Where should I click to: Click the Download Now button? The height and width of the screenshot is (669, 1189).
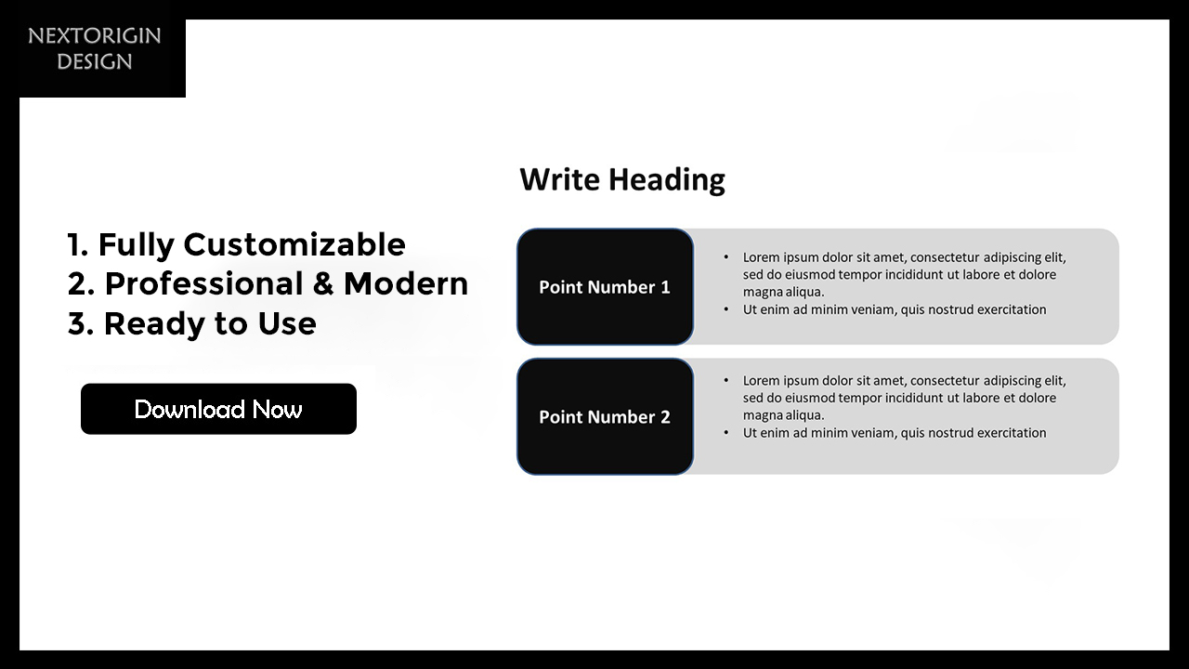(218, 409)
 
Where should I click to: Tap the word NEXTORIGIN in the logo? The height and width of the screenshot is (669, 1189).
(95, 36)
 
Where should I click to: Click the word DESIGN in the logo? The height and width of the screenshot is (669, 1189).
(95, 61)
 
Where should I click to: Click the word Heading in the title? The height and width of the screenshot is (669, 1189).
(667, 180)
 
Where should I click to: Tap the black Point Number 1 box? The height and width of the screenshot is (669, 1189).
(605, 287)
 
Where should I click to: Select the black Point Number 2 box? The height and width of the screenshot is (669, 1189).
(605, 417)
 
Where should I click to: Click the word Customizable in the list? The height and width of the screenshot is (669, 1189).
(294, 244)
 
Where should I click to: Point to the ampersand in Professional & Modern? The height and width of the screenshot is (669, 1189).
(323, 283)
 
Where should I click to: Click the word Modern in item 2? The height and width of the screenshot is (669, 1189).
(406, 283)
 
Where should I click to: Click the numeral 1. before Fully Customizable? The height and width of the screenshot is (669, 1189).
(78, 244)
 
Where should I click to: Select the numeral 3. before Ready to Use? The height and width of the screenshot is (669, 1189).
(81, 323)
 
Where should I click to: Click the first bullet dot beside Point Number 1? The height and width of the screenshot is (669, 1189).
(726, 257)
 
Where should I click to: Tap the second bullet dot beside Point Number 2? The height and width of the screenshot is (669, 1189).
(726, 433)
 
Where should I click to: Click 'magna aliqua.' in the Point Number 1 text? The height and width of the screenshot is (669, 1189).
(783, 292)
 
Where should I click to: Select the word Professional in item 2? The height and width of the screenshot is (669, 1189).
(203, 283)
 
